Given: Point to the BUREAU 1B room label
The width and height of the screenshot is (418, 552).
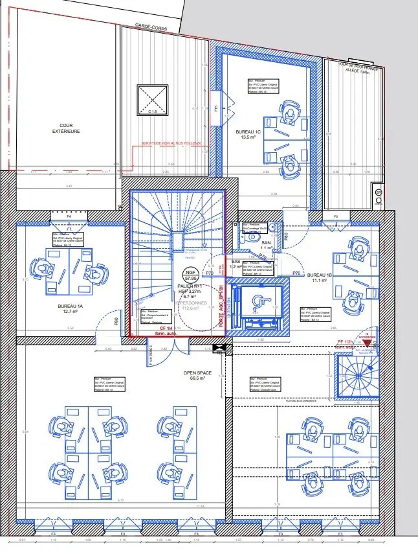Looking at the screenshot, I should [x=319, y=277].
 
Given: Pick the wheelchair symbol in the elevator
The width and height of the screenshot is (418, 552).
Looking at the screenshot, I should [x=259, y=301].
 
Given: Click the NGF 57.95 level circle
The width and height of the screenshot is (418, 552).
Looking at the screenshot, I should [x=190, y=275].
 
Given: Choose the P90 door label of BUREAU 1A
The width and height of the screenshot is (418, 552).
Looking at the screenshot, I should [x=116, y=321].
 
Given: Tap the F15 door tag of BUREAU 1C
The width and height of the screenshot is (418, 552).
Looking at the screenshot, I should [x=216, y=109].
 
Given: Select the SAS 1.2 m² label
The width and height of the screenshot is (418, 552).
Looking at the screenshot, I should [x=236, y=264].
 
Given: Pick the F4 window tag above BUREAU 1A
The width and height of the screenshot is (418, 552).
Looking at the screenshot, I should [x=69, y=216].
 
